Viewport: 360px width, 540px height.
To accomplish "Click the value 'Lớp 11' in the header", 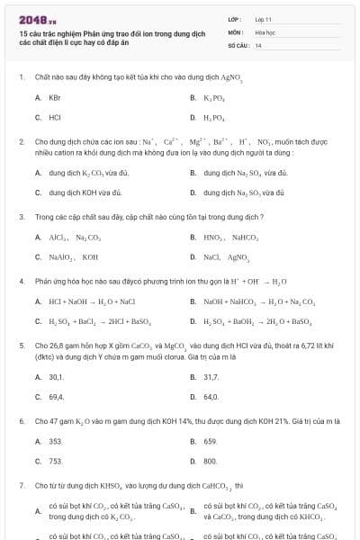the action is (263, 18).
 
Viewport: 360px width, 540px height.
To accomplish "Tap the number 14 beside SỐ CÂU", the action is (258, 45).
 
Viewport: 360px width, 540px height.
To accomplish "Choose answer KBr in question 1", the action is (55, 96).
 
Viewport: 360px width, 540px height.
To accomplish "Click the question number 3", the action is (21, 217).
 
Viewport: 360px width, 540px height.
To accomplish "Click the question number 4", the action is (21, 281).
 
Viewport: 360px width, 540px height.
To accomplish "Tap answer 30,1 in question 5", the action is (56, 376).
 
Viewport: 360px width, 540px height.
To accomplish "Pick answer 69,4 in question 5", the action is (56, 396).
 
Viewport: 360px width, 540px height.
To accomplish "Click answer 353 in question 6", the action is (55, 441).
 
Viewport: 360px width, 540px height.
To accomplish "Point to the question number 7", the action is (21, 485).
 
